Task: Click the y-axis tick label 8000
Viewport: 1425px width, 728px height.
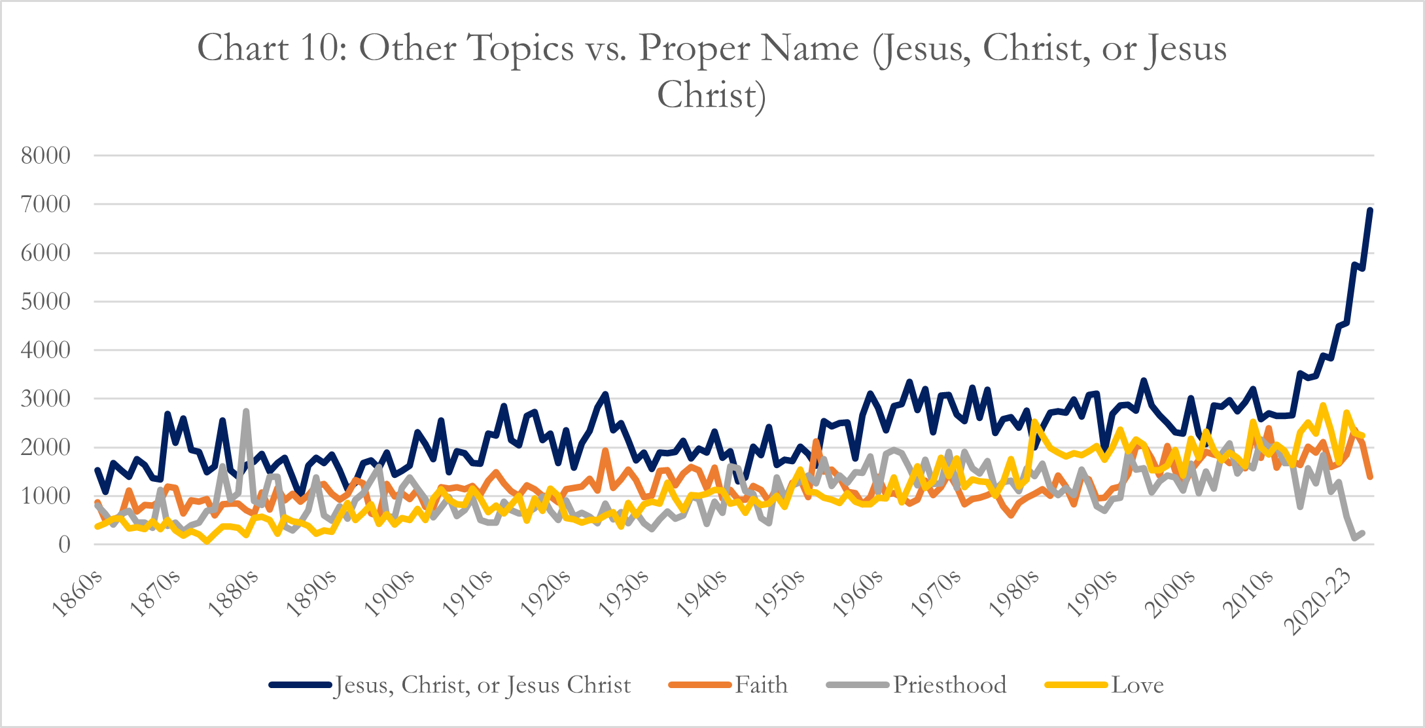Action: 46,156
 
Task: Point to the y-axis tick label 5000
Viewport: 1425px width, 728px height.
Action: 46,302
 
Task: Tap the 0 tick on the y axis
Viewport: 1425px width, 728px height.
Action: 64,545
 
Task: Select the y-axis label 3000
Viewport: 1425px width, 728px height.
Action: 46,399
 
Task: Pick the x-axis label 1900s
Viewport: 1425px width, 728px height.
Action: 391,594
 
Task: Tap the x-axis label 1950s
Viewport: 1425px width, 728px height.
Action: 781,594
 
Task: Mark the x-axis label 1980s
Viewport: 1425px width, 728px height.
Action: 1015,594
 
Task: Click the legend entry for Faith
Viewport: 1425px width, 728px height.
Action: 761,685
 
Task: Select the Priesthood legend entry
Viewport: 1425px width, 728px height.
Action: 949,685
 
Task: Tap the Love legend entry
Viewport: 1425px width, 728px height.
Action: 1137,685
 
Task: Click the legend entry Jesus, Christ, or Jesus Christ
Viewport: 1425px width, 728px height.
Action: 483,685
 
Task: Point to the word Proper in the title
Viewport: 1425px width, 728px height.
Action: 748,48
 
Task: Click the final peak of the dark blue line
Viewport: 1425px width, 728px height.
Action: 1370,210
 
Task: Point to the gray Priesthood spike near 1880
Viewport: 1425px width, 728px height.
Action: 246,411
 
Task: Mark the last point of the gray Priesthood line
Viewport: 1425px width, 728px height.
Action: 1362,533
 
